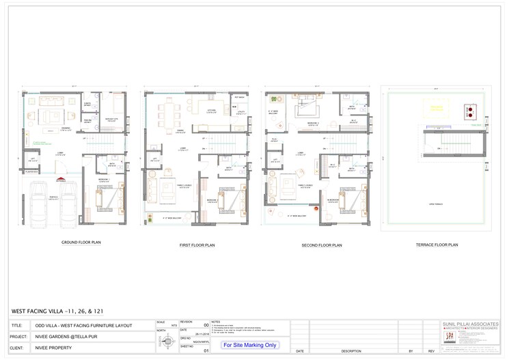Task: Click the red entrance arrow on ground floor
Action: coord(61,181)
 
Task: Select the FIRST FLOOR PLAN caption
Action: coord(198,244)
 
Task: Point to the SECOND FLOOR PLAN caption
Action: coord(322,244)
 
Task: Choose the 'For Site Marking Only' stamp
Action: coord(250,345)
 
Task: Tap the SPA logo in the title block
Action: coord(449,336)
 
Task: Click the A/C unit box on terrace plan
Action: coord(469,111)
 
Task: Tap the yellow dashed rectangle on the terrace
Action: coord(437,108)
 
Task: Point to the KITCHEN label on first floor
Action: coord(211,109)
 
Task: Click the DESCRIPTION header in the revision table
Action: coord(351,351)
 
